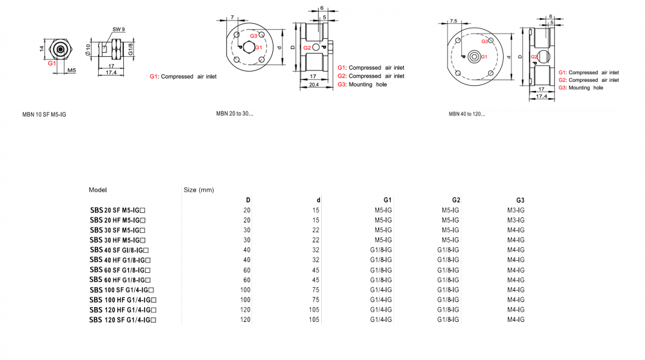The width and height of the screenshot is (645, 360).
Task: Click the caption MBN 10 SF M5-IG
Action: point(44,114)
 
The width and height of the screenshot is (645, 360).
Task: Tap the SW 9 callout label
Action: point(119,29)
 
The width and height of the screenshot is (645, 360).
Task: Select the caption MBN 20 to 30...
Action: point(235,114)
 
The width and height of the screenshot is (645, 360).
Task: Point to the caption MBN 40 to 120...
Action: point(467,114)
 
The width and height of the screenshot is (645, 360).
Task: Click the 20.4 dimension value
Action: point(314,85)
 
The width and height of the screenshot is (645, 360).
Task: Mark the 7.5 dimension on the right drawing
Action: point(453,21)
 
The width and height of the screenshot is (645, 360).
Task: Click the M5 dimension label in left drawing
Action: point(72,70)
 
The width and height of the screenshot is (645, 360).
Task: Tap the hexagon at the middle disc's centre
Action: point(248,47)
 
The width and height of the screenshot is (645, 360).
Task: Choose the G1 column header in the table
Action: point(388,200)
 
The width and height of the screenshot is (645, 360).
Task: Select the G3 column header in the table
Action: point(521,200)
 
